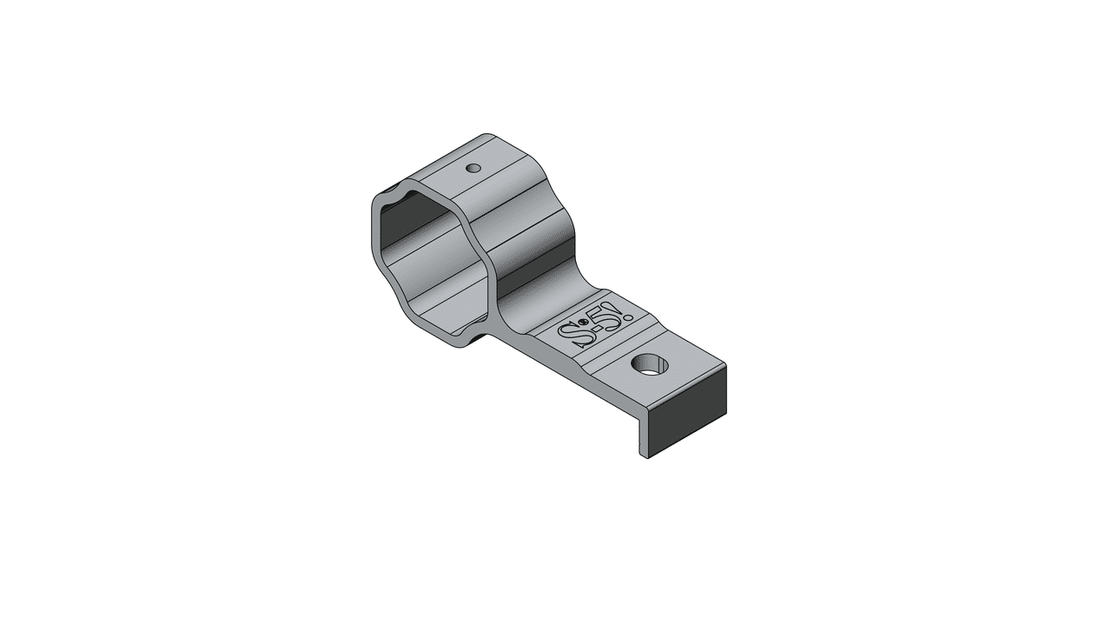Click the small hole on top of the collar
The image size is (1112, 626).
click(x=473, y=168)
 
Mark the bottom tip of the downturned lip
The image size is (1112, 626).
click(x=645, y=455)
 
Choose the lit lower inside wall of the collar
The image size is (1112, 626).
click(x=443, y=300)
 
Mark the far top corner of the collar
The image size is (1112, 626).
click(x=488, y=136)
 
